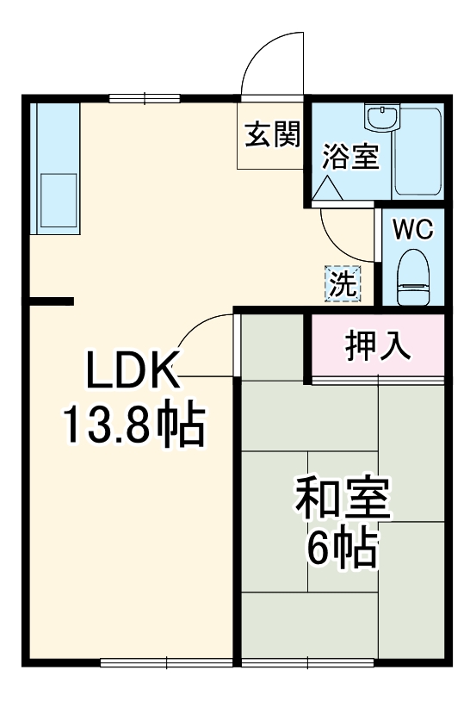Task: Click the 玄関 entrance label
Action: (270, 135)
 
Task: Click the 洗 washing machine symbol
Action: (342, 283)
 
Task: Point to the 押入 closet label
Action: (377, 345)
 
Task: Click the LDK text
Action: (132, 372)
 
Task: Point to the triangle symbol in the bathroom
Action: (327, 188)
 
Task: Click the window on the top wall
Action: (144, 96)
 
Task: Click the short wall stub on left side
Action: (50, 301)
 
